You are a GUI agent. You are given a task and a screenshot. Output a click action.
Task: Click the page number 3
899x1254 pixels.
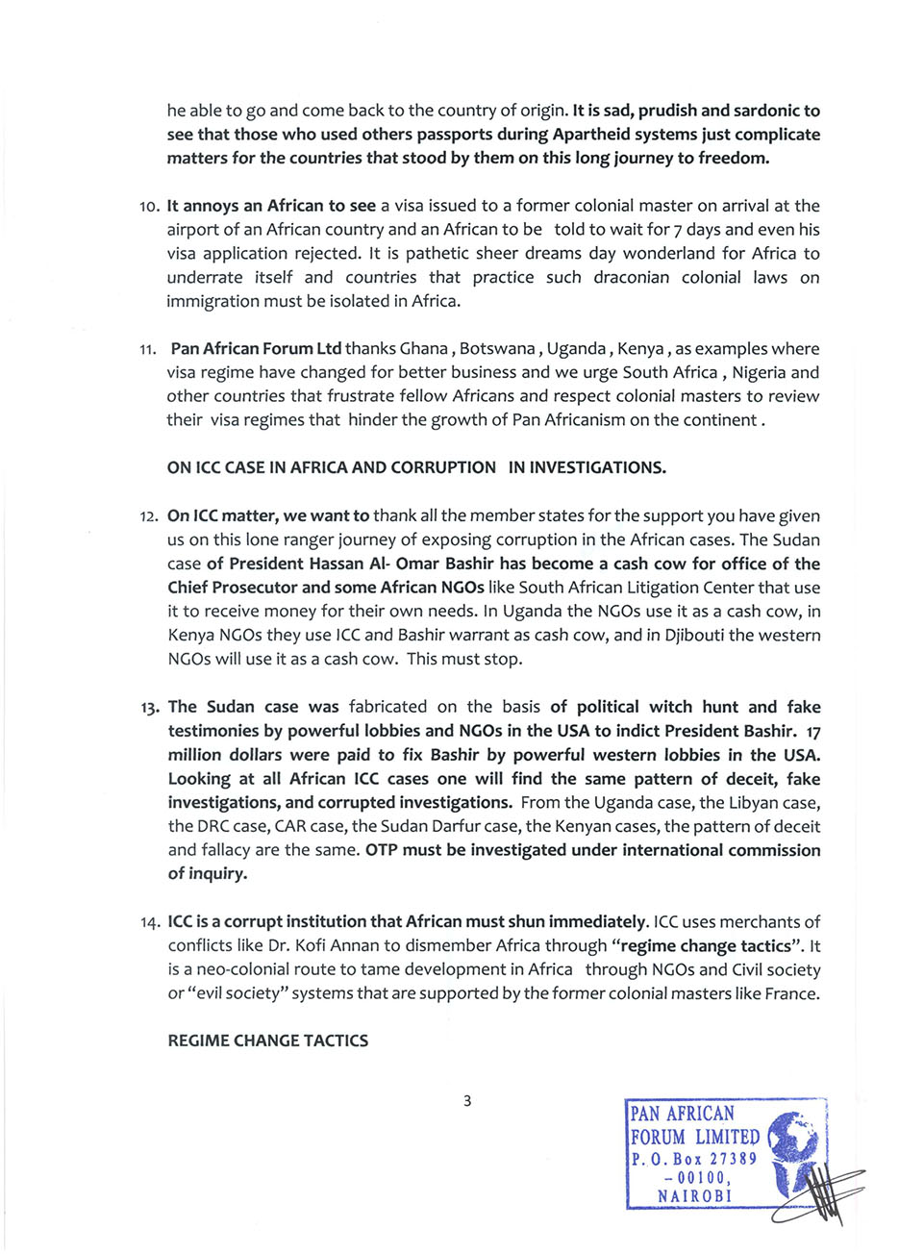tap(467, 1101)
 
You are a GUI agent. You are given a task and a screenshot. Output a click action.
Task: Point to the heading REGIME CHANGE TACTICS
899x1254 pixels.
tap(267, 1041)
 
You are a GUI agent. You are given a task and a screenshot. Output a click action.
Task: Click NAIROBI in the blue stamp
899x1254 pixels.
tap(694, 1196)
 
